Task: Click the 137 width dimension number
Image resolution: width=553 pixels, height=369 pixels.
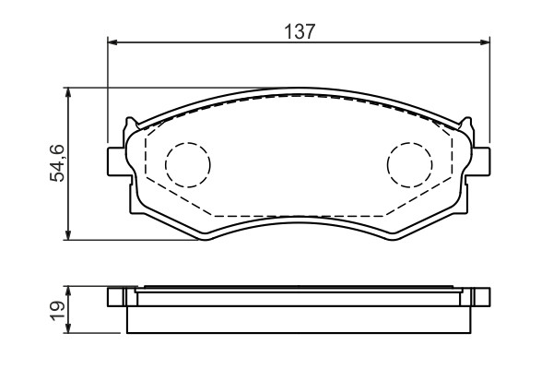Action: pos(299,31)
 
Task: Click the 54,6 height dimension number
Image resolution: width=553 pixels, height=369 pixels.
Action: pos(57,162)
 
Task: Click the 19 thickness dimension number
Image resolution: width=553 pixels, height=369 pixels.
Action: pos(57,311)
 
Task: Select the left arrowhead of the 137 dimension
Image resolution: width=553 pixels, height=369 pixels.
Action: pos(112,42)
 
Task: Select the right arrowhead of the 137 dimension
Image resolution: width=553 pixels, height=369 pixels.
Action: pos(485,42)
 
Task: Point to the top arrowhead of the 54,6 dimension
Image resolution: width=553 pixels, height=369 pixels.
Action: pos(68,92)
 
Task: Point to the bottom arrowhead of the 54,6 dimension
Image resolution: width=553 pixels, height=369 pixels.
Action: pos(68,235)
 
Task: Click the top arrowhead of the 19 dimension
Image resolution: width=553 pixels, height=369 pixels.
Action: pos(68,292)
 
